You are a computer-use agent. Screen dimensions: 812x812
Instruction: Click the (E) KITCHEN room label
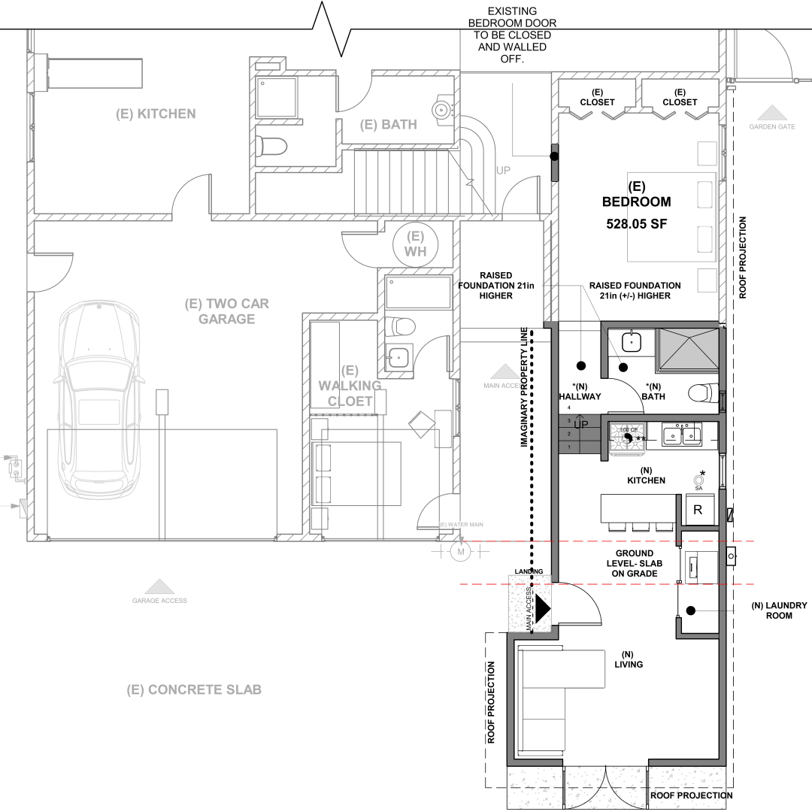click(x=156, y=114)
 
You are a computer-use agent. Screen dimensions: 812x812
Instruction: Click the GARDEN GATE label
click(x=771, y=126)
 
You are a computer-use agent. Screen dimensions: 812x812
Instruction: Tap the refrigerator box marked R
click(x=697, y=510)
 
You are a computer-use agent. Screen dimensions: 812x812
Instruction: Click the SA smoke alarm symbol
click(x=698, y=480)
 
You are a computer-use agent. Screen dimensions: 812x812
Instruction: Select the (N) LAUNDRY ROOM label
click(x=779, y=610)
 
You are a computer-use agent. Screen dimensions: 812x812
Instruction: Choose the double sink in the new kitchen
click(x=683, y=435)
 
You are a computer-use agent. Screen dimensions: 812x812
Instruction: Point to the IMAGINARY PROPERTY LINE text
click(x=524, y=388)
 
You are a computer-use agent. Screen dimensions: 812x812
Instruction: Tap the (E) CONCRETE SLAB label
click(x=194, y=689)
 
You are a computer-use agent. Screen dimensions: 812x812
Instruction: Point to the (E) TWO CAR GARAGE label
click(x=226, y=311)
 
